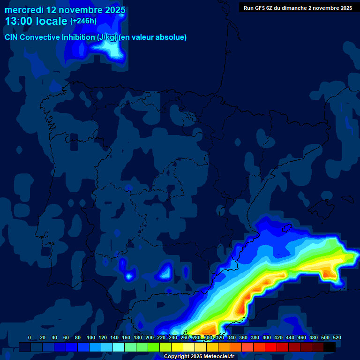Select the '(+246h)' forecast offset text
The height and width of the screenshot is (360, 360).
click(x=83, y=21)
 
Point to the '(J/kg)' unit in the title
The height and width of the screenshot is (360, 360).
click(x=107, y=37)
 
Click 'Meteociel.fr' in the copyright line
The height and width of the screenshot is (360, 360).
click(x=217, y=357)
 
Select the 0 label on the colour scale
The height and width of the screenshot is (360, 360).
click(x=30, y=337)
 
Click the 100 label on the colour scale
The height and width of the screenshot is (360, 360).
click(x=90, y=337)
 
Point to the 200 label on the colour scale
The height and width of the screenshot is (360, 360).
click(x=149, y=337)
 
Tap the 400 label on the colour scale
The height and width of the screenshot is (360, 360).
click(x=266, y=337)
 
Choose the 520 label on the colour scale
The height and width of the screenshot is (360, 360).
click(x=337, y=337)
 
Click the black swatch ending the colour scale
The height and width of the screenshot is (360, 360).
click(x=330, y=347)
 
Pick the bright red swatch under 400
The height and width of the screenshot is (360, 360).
click(x=271, y=347)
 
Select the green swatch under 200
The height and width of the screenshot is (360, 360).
click(x=154, y=347)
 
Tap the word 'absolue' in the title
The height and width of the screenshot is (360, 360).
click(x=172, y=37)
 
